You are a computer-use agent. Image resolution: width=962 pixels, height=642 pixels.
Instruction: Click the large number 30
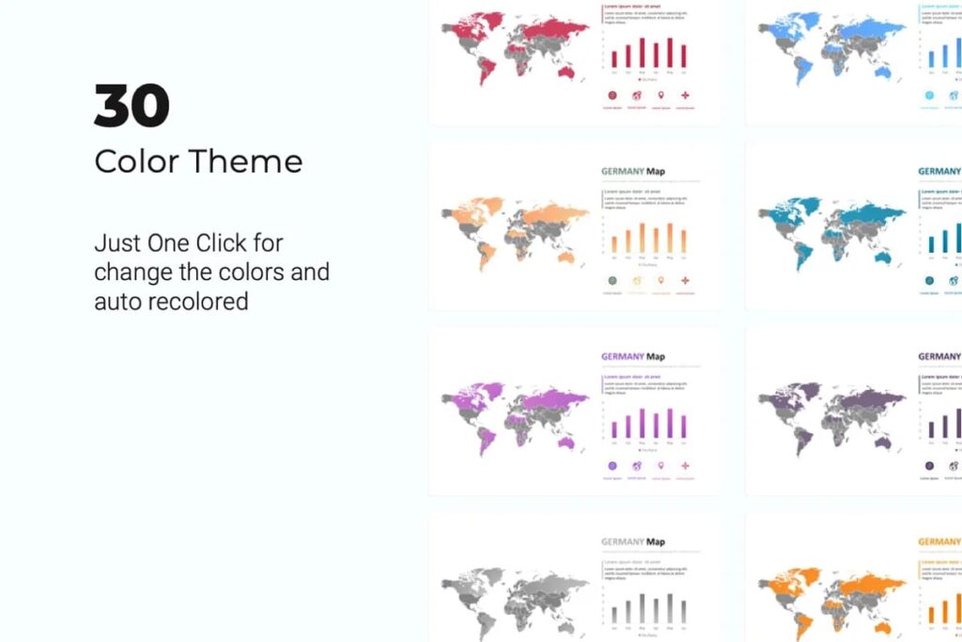(132, 105)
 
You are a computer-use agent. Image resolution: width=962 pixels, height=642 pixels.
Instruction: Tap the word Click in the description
(235, 243)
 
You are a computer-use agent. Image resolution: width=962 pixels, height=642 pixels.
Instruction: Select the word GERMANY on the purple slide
(622, 357)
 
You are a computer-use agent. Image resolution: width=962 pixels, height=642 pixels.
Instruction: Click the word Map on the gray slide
(656, 541)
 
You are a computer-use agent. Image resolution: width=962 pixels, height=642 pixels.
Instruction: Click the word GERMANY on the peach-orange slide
(622, 172)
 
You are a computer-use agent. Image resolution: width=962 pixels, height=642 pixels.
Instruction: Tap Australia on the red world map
(566, 71)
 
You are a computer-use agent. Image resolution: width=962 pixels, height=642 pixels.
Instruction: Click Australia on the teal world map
(882, 256)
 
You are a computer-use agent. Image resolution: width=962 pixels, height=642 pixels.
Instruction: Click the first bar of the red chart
(615, 58)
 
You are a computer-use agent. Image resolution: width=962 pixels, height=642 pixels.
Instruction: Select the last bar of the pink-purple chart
(683, 426)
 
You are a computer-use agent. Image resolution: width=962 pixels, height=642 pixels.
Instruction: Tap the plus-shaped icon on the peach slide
(685, 280)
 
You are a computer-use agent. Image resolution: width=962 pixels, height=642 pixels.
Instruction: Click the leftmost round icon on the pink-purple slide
(613, 465)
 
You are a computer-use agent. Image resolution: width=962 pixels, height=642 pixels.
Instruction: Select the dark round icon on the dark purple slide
(930, 465)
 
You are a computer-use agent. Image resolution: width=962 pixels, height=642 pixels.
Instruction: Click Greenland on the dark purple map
(802, 387)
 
